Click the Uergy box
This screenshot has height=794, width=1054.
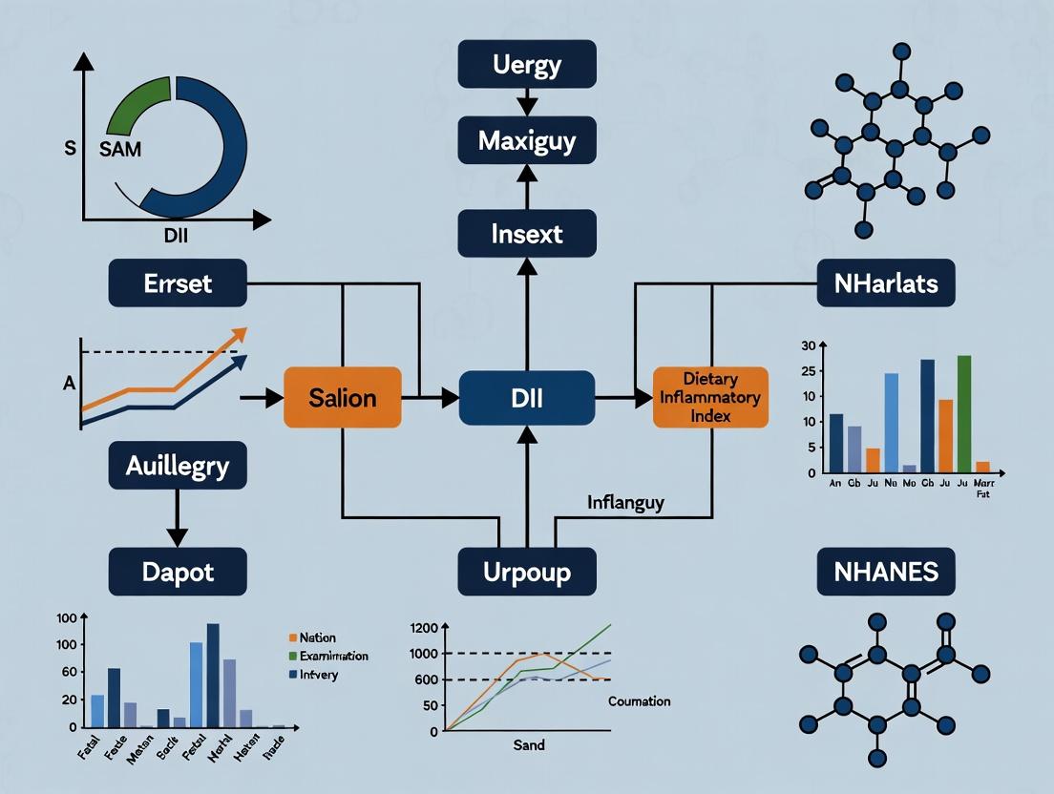click(527, 66)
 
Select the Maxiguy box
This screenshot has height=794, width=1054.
click(527, 142)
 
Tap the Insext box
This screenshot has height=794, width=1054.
click(527, 234)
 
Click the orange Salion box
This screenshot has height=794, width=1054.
click(343, 397)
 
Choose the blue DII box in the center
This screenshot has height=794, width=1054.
click(527, 397)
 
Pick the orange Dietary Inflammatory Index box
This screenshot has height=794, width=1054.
click(710, 397)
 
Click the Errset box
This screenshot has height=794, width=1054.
click(178, 284)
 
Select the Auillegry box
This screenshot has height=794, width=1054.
click(178, 467)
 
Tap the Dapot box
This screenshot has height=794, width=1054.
click(178, 573)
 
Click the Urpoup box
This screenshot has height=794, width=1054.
click(527, 573)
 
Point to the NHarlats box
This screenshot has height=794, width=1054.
click(886, 284)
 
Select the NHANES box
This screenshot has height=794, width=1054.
click(886, 573)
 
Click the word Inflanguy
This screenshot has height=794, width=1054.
click(626, 501)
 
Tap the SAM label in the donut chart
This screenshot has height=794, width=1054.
click(121, 148)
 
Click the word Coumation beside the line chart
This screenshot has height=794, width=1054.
click(639, 701)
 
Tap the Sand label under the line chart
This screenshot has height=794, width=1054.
click(528, 744)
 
